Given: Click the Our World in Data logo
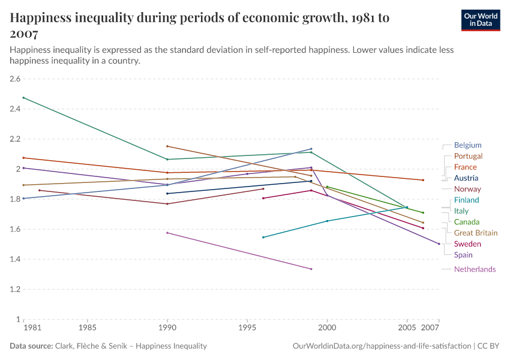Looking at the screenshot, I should (x=480, y=20).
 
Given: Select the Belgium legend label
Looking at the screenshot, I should (x=467, y=145).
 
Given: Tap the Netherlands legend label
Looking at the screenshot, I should (x=475, y=269).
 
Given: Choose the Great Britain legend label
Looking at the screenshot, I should (x=476, y=233).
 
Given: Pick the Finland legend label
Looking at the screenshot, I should (x=466, y=200).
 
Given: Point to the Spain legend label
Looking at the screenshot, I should (x=463, y=255).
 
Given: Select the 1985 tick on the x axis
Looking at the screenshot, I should (x=88, y=329).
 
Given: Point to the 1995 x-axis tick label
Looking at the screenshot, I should (x=247, y=329).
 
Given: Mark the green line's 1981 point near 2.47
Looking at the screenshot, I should (x=23, y=98).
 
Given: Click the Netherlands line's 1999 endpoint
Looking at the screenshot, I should (x=311, y=269).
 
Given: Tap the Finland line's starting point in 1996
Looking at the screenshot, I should (x=263, y=237).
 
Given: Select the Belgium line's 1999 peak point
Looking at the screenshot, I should (x=311, y=149).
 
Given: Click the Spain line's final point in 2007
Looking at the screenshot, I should (x=439, y=244).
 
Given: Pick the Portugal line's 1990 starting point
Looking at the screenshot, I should (x=167, y=146).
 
